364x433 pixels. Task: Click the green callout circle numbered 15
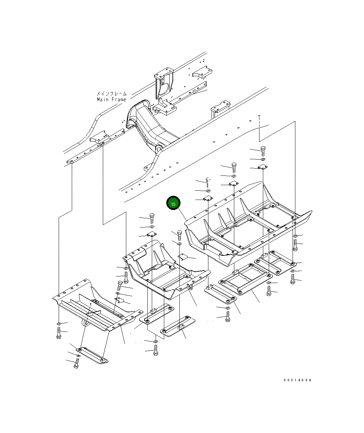[x=173, y=203]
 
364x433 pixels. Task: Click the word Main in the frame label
[x=102, y=100]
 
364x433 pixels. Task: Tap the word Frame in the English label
[x=119, y=100]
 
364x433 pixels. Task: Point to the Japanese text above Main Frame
[x=112, y=94]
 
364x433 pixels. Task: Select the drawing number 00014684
[x=297, y=380]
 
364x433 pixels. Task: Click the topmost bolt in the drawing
[x=263, y=151]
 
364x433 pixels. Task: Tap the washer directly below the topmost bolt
[x=263, y=159]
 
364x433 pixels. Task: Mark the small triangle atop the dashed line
[x=259, y=116]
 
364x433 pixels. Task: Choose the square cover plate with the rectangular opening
[x=246, y=279]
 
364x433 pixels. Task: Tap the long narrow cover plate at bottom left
[x=92, y=355]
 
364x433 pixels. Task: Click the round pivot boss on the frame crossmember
[x=159, y=149]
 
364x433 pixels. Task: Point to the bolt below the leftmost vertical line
[x=59, y=333]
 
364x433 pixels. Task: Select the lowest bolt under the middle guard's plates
[x=156, y=350]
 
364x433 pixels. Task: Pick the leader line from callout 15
[x=182, y=215]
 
